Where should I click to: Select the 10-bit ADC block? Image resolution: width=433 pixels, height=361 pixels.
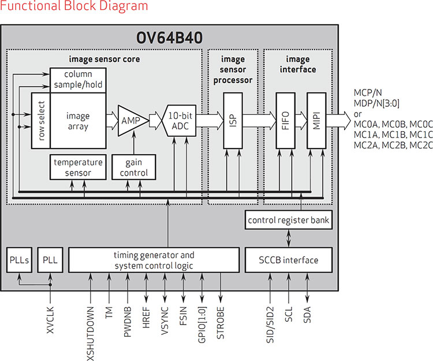click(x=180, y=121)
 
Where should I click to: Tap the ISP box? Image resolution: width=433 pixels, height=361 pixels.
click(x=233, y=121)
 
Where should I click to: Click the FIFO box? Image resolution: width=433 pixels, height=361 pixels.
click(x=286, y=121)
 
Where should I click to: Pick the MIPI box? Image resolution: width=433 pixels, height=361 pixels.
click(x=316, y=121)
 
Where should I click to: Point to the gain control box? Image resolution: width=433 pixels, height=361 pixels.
click(x=134, y=168)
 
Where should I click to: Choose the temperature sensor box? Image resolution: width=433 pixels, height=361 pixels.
click(x=78, y=168)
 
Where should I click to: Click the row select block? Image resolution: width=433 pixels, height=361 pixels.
click(x=41, y=121)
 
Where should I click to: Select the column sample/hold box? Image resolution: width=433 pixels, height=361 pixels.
click(x=78, y=80)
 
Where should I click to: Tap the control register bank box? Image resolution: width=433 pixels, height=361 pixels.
click(x=288, y=220)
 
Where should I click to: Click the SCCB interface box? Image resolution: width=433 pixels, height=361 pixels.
click(x=288, y=260)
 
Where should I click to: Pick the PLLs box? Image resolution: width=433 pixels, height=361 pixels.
click(x=19, y=260)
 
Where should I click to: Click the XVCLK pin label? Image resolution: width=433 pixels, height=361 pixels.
click(x=50, y=320)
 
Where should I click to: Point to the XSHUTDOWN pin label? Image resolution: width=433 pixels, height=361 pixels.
click(x=91, y=333)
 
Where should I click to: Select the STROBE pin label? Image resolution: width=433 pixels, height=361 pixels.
click(x=221, y=323)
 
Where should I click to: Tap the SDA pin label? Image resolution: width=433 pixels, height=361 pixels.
click(x=307, y=315)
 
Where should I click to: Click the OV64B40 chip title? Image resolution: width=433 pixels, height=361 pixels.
click(x=169, y=38)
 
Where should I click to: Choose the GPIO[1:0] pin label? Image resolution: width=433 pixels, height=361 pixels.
click(x=202, y=325)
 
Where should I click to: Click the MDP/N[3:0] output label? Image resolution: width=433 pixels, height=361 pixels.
click(x=376, y=103)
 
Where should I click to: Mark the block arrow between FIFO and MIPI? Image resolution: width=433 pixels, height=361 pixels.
click(x=301, y=121)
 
